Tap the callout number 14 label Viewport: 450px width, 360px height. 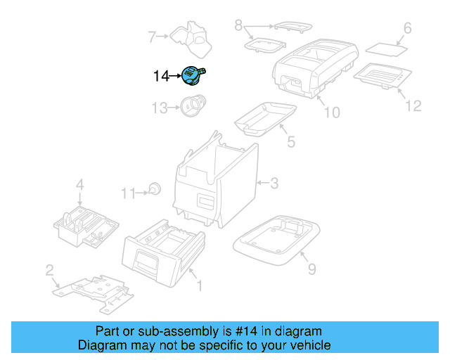coord(161,75)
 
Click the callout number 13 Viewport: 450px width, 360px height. coord(161,108)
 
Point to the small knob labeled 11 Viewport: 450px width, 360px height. coord(155,188)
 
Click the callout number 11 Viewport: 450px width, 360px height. coord(127,192)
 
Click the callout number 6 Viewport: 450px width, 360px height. coord(406,29)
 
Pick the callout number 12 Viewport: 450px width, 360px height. coord(413,105)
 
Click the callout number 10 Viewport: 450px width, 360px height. coord(331,112)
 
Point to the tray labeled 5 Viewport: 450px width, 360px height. coord(265,116)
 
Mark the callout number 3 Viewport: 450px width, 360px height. coord(274,184)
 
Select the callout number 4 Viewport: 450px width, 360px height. coord(79,186)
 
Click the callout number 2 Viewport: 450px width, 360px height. coord(49,270)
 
